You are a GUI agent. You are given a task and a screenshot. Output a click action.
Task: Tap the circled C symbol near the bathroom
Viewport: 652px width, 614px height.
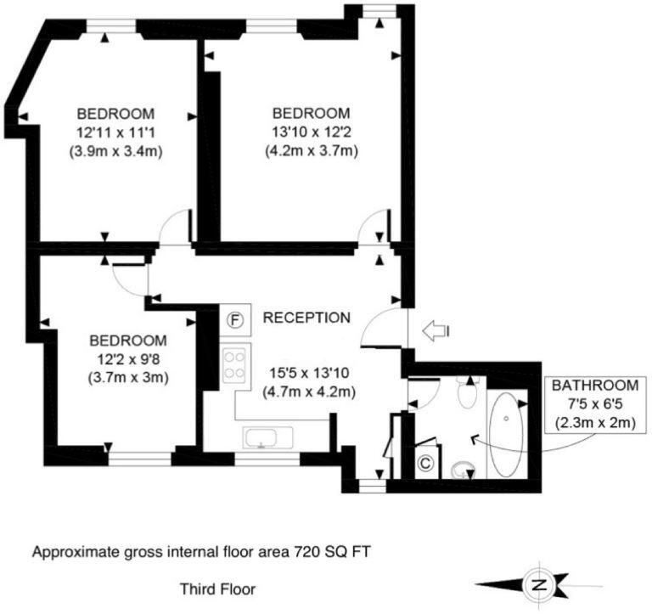(427, 465)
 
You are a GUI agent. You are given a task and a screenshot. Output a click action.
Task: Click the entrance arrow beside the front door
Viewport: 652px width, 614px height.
(436, 331)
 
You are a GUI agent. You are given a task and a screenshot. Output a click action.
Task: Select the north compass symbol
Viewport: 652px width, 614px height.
(537, 584)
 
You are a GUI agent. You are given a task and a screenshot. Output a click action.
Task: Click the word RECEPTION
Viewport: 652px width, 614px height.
(306, 318)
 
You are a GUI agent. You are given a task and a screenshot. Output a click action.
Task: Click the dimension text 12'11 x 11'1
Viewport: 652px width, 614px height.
(115, 132)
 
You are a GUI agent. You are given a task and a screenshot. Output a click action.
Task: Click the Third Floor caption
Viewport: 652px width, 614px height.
(217, 588)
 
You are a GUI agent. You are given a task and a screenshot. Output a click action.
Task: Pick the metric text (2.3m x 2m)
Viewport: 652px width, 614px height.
(594, 422)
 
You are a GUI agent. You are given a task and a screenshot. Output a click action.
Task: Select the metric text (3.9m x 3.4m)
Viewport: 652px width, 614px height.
(115, 151)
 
